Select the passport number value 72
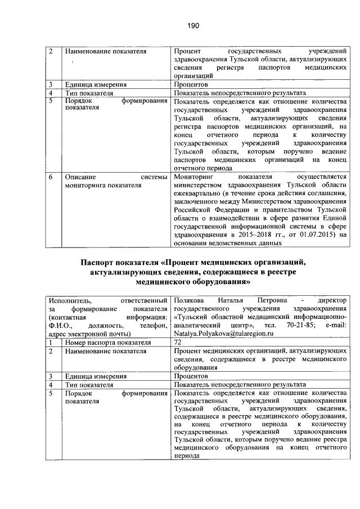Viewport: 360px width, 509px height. (x=178, y=341)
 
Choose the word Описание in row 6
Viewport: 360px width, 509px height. (x=80, y=177)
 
